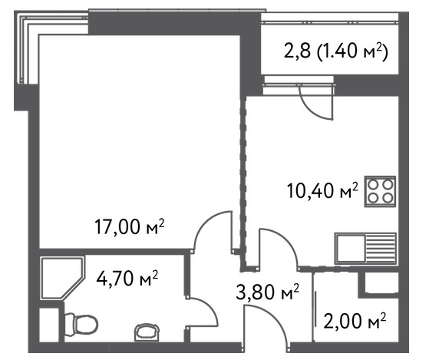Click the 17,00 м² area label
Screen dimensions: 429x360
[130, 226]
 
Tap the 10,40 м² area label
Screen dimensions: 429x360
[322, 190]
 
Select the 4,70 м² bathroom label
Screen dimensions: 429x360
[127, 278]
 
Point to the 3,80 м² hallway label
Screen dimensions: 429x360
[267, 292]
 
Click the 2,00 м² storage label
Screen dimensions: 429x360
[355, 321]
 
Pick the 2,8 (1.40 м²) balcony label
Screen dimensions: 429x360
[335, 51]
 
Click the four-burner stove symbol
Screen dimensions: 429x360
[380, 191]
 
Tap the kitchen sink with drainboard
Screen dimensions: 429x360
[365, 249]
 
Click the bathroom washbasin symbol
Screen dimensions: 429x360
[147, 332]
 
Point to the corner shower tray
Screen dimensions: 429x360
[62, 278]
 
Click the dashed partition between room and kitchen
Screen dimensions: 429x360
[243, 180]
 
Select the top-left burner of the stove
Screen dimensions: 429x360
[372, 185]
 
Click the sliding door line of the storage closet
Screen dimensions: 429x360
[316, 309]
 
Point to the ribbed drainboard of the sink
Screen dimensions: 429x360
[381, 249]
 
